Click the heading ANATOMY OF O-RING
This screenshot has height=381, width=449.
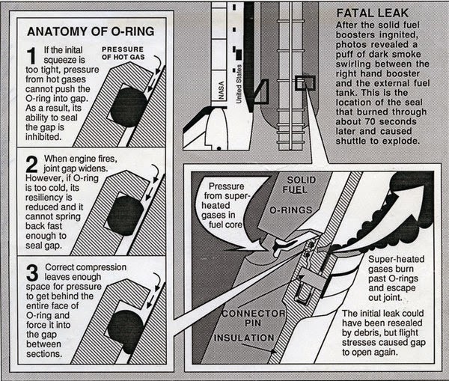coord(91,31)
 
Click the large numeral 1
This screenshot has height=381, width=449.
coord(31,55)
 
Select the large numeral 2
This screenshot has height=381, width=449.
coord(31,164)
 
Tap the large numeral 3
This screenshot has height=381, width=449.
coord(32,272)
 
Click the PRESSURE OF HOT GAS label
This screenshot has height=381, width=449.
coord(123,53)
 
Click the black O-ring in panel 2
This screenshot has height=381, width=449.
coord(126,216)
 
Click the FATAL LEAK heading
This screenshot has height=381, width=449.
coord(372,13)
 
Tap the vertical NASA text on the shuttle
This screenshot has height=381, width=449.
coord(221,91)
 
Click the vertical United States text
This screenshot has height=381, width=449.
coord(239,84)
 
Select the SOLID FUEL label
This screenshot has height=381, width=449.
coord(299,185)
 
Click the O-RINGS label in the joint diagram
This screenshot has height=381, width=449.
coord(290,210)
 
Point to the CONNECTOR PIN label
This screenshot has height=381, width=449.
coord(254,318)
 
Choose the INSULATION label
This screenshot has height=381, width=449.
coord(244,338)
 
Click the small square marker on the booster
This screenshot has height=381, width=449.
coord(305,83)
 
